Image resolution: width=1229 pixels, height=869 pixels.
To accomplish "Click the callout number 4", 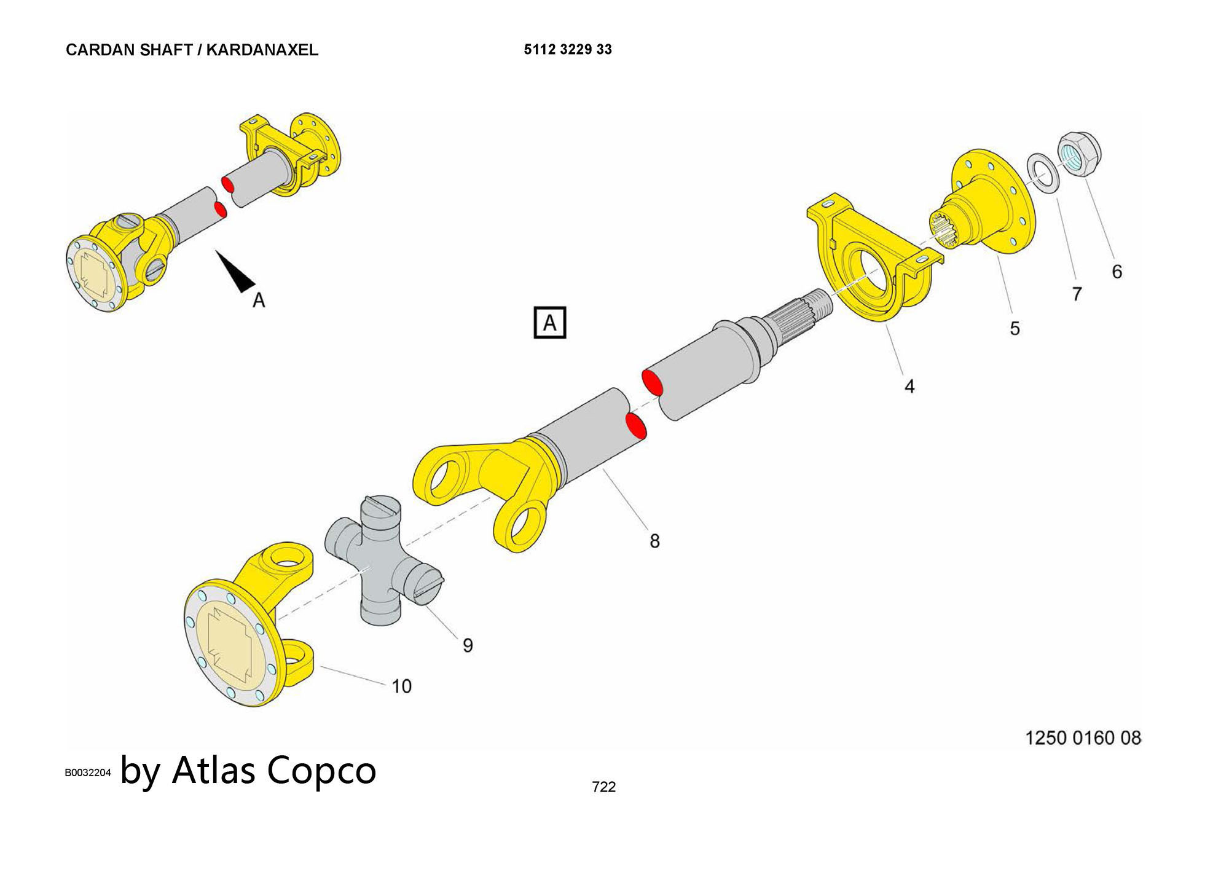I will click(x=909, y=386).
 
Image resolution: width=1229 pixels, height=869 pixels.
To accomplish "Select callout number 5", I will click(x=1015, y=329).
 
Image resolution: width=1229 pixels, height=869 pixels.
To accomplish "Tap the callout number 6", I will click(x=1117, y=272).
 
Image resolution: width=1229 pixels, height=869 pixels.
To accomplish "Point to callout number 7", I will click(x=1077, y=294).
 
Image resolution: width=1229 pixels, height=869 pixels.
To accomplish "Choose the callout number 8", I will click(x=654, y=541).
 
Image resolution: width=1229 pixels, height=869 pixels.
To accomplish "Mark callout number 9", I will click(x=468, y=645).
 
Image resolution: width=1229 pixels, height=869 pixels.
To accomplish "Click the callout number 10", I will click(x=402, y=686).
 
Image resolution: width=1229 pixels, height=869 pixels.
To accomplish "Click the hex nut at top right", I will click(x=1080, y=154).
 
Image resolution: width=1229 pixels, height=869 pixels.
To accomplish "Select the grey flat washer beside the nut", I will click(x=1042, y=175).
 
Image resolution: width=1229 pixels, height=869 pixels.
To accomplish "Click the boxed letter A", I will click(x=549, y=323).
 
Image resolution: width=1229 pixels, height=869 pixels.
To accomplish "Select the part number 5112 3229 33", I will click(x=567, y=50).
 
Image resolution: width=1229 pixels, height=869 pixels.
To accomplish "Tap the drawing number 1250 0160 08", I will click(x=1083, y=737).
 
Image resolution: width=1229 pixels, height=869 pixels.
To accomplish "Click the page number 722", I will click(x=603, y=787).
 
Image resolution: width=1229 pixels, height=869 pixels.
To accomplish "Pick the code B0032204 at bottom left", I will click(x=88, y=773).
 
